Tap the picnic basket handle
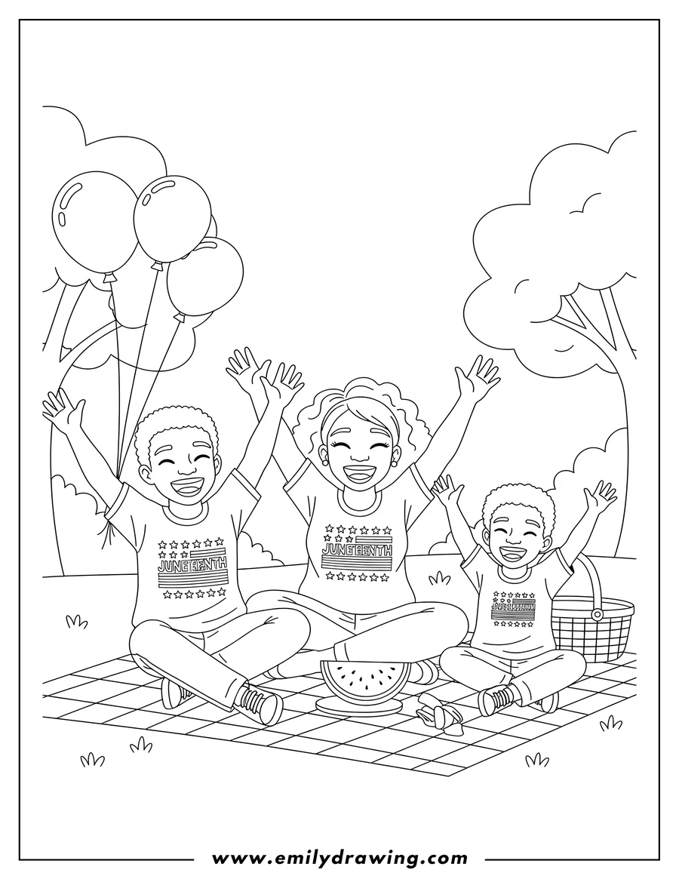click(595, 581)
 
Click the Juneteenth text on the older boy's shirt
click(192, 567)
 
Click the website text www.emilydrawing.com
click(339, 858)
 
